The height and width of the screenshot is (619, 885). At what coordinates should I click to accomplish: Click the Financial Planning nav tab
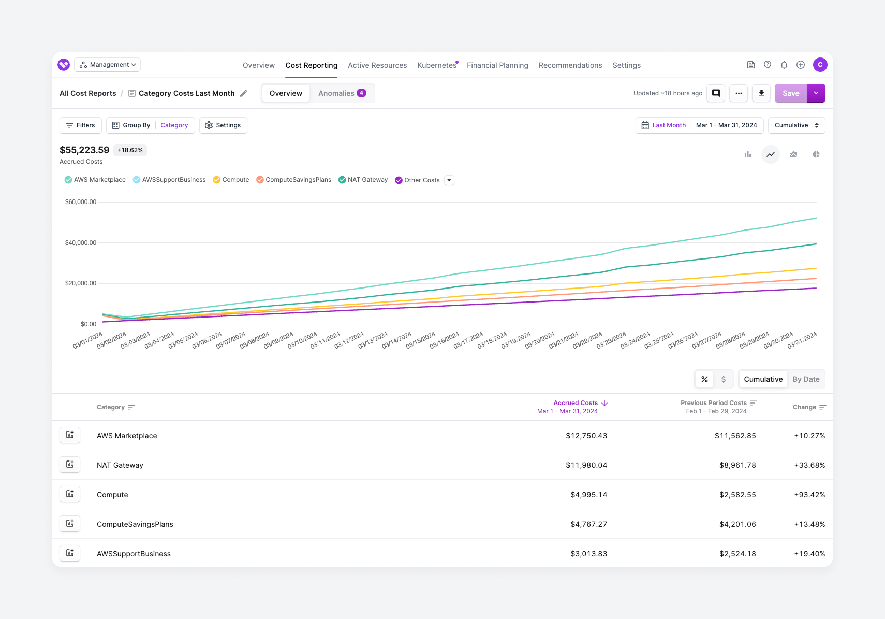(497, 65)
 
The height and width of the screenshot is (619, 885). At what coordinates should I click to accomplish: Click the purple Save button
(790, 93)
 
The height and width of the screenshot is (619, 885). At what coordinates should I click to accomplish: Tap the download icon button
(761, 93)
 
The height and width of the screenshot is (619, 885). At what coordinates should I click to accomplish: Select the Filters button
(80, 125)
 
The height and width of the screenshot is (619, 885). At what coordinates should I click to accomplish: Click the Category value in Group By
(174, 125)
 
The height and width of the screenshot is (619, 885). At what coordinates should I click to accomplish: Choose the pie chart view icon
(816, 155)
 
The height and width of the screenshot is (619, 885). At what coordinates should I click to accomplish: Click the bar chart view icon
(747, 155)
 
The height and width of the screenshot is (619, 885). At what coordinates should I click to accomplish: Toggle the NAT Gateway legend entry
(363, 180)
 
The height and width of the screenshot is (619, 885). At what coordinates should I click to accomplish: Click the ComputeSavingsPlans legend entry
(294, 180)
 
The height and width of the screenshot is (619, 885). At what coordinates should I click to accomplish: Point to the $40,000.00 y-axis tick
(80, 243)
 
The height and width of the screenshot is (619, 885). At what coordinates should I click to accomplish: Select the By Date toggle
(806, 379)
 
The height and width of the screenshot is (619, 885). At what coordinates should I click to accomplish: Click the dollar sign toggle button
(723, 379)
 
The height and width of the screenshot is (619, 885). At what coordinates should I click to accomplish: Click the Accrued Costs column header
(576, 403)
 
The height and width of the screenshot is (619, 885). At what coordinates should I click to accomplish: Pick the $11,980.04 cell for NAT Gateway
(586, 465)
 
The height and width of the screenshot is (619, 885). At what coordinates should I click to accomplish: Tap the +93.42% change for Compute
(809, 494)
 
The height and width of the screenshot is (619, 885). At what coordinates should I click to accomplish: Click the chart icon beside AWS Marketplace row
(70, 435)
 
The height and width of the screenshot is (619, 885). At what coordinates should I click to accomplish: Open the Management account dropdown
(108, 65)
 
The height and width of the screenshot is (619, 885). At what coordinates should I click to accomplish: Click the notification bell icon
(784, 65)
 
